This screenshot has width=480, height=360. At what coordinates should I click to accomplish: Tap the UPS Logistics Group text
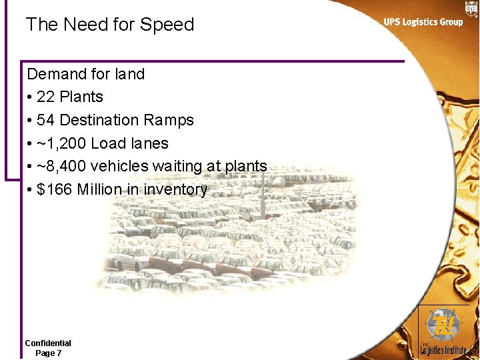pyautogui.click(x=423, y=22)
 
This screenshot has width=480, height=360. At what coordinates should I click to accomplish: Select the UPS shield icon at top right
pyautogui.click(x=471, y=7)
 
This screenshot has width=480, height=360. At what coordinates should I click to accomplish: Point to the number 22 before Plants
pyautogui.click(x=46, y=97)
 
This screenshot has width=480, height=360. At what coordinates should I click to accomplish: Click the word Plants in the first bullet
pyautogui.click(x=81, y=97)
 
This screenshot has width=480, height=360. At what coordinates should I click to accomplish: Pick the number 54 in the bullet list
pyautogui.click(x=46, y=120)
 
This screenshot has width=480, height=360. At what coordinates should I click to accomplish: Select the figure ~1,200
pyautogui.click(x=61, y=143)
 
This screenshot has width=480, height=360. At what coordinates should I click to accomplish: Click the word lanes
pyautogui.click(x=147, y=143)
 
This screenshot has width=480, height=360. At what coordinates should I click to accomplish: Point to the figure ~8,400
pyautogui.click(x=61, y=166)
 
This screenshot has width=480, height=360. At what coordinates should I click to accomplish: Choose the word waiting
pyautogui.click(x=179, y=166)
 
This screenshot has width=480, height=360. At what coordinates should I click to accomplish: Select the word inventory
pyautogui.click(x=176, y=190)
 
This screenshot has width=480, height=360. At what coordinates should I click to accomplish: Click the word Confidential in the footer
pyautogui.click(x=48, y=343)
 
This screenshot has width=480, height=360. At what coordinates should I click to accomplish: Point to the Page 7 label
pyautogui.click(x=48, y=353)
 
